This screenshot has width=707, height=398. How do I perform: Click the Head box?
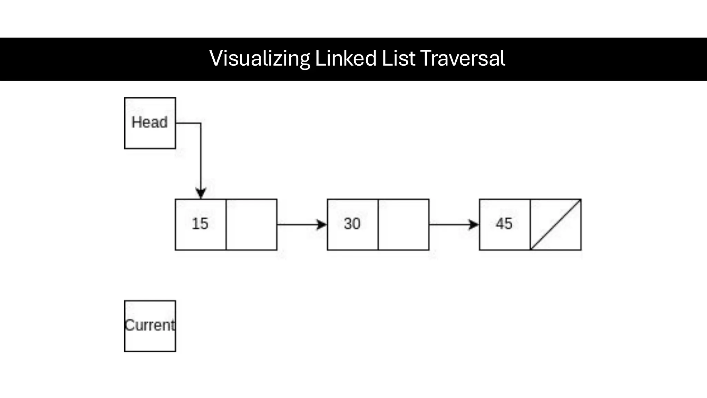150,123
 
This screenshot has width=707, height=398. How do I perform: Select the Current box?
150,326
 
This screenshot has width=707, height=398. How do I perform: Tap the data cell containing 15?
201,224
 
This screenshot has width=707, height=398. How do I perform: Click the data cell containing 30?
352,224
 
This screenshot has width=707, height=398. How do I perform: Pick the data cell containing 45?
504,224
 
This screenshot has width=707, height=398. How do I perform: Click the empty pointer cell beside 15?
251,224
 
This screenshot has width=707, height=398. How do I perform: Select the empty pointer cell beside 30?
404,224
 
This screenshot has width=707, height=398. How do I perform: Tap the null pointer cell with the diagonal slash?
555,224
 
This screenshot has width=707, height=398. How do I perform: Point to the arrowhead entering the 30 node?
322,225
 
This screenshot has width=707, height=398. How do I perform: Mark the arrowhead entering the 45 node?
474,225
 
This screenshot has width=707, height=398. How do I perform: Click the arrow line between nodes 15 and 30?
297,225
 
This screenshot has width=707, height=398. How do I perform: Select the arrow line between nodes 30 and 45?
449,225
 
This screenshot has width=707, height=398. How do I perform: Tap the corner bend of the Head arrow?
201,123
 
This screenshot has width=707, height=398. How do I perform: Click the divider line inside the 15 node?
226,224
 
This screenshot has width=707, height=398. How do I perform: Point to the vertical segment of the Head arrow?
201,155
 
